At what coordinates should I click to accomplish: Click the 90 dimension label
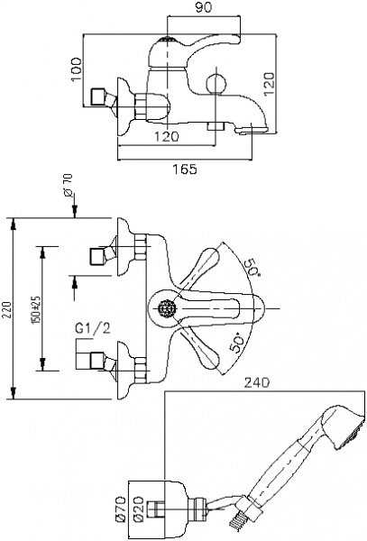(203, 7)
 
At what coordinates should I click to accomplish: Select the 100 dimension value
(77, 69)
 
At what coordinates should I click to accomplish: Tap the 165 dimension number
(184, 170)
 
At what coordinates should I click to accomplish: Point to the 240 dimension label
(257, 382)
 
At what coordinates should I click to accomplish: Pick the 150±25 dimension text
(37, 309)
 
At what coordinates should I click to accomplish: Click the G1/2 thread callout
(93, 328)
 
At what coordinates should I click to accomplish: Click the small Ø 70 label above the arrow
(68, 185)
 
